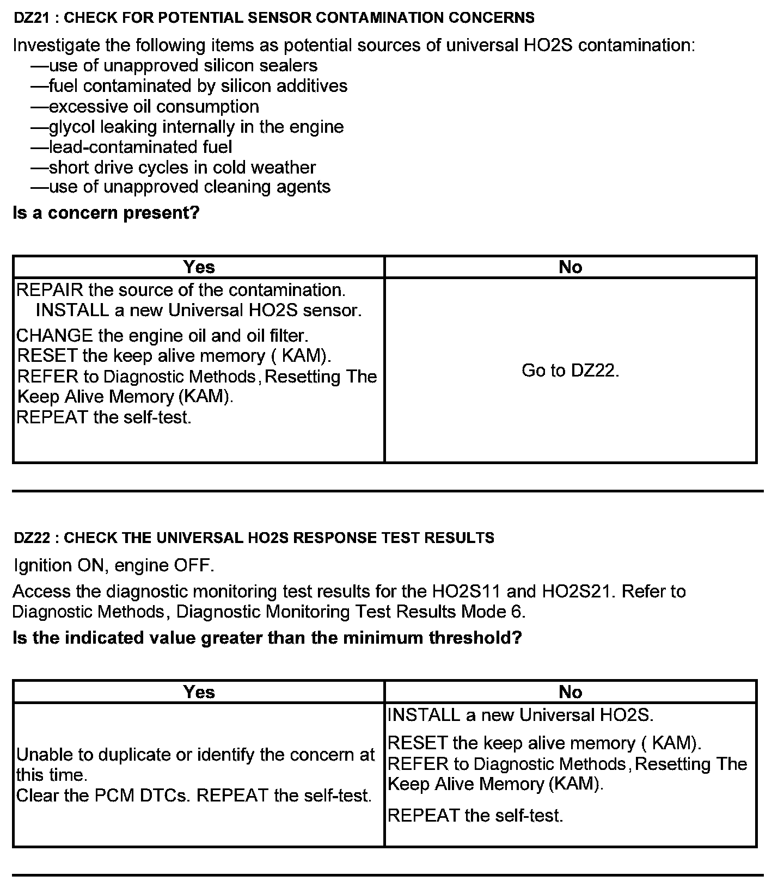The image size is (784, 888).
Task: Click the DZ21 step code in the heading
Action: click(32, 18)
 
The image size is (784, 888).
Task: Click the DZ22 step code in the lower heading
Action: click(32, 538)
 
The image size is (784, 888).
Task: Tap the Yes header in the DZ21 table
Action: click(199, 267)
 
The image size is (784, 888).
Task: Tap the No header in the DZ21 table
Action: click(570, 267)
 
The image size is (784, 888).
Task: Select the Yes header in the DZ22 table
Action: click(199, 692)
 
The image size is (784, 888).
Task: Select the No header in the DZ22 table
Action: click(570, 692)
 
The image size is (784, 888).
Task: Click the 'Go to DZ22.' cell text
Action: click(570, 371)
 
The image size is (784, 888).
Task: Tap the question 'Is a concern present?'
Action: click(106, 213)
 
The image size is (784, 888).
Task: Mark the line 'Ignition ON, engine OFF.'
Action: click(114, 566)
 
